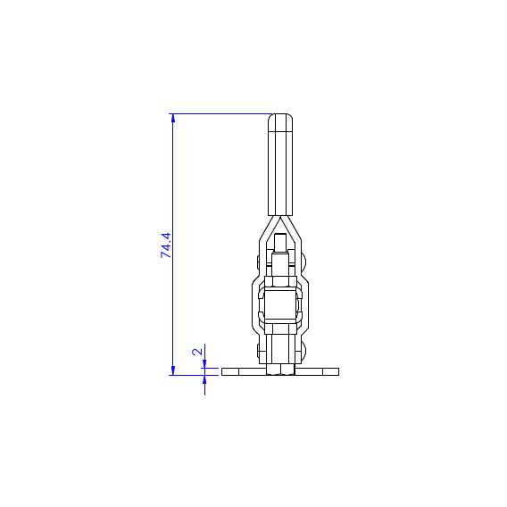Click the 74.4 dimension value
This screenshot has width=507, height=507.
(166, 245)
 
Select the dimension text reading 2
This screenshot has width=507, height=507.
(197, 352)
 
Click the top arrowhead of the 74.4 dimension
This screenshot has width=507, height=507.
(173, 118)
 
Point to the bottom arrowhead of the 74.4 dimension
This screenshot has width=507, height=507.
(173, 370)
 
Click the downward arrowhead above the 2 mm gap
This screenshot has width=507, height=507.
(204, 364)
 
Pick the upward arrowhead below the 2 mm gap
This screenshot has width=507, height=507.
(204, 379)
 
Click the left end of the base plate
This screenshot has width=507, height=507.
(222, 371)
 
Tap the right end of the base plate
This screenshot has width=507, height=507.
(338, 371)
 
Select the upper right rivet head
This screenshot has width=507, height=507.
(303, 262)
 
